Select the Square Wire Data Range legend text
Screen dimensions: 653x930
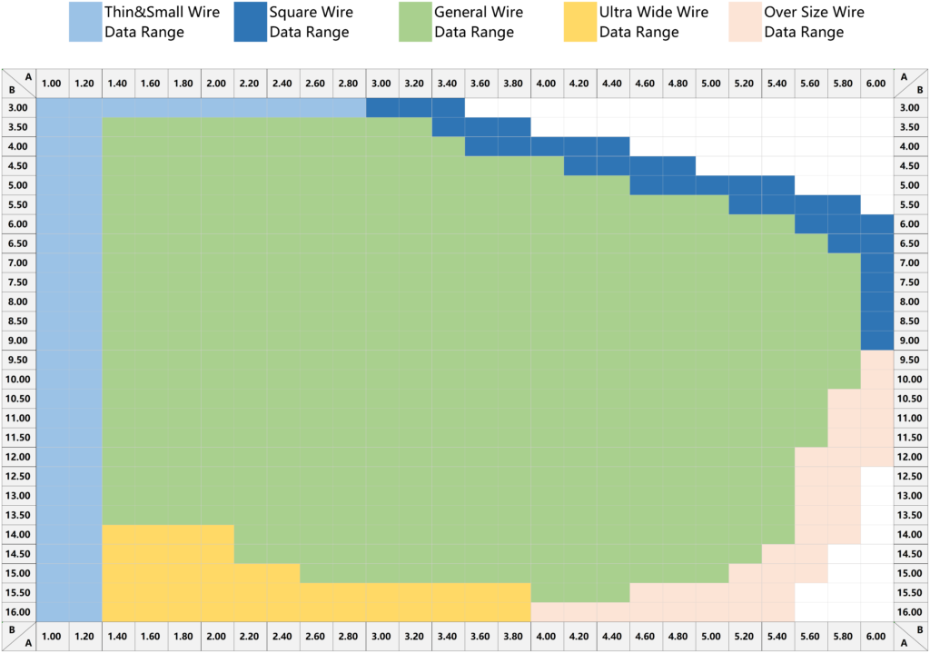(x=311, y=23)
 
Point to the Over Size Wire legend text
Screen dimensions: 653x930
(x=814, y=23)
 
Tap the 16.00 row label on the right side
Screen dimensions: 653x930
(x=911, y=612)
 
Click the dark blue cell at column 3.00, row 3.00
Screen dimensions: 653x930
(x=382, y=107)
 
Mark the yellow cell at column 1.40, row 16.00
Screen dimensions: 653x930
(x=119, y=612)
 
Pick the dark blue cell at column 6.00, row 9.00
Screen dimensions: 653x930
(x=876, y=341)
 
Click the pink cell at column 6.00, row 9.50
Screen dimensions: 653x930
(x=876, y=360)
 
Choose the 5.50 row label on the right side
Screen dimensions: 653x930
(x=911, y=204)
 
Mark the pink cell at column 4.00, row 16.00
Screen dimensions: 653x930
(x=548, y=612)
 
